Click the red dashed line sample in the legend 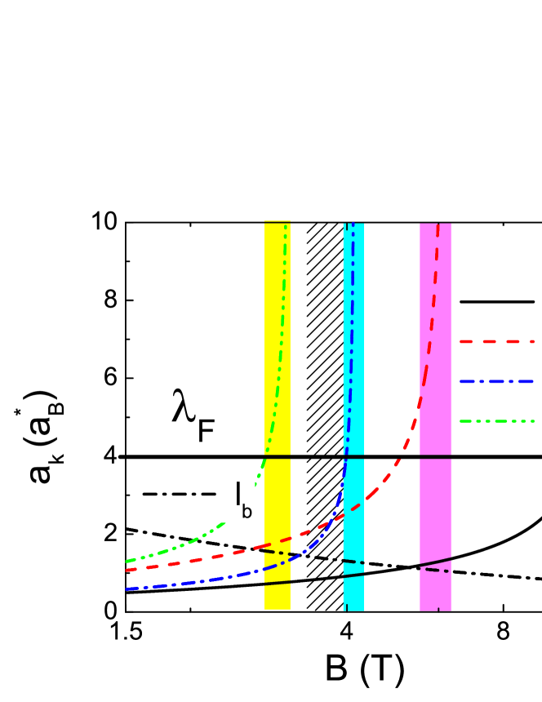(496, 341)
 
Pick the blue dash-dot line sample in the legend (496, 381)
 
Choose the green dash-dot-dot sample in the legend (496, 421)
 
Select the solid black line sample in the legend (496, 302)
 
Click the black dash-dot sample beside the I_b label (179, 494)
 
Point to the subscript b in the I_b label (247, 513)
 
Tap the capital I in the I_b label (238, 494)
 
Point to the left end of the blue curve (127, 589)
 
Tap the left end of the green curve (127, 562)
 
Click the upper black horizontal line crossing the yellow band (278, 456)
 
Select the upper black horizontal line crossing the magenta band (435, 456)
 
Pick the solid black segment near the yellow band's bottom (278, 583)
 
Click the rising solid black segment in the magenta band (436, 562)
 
